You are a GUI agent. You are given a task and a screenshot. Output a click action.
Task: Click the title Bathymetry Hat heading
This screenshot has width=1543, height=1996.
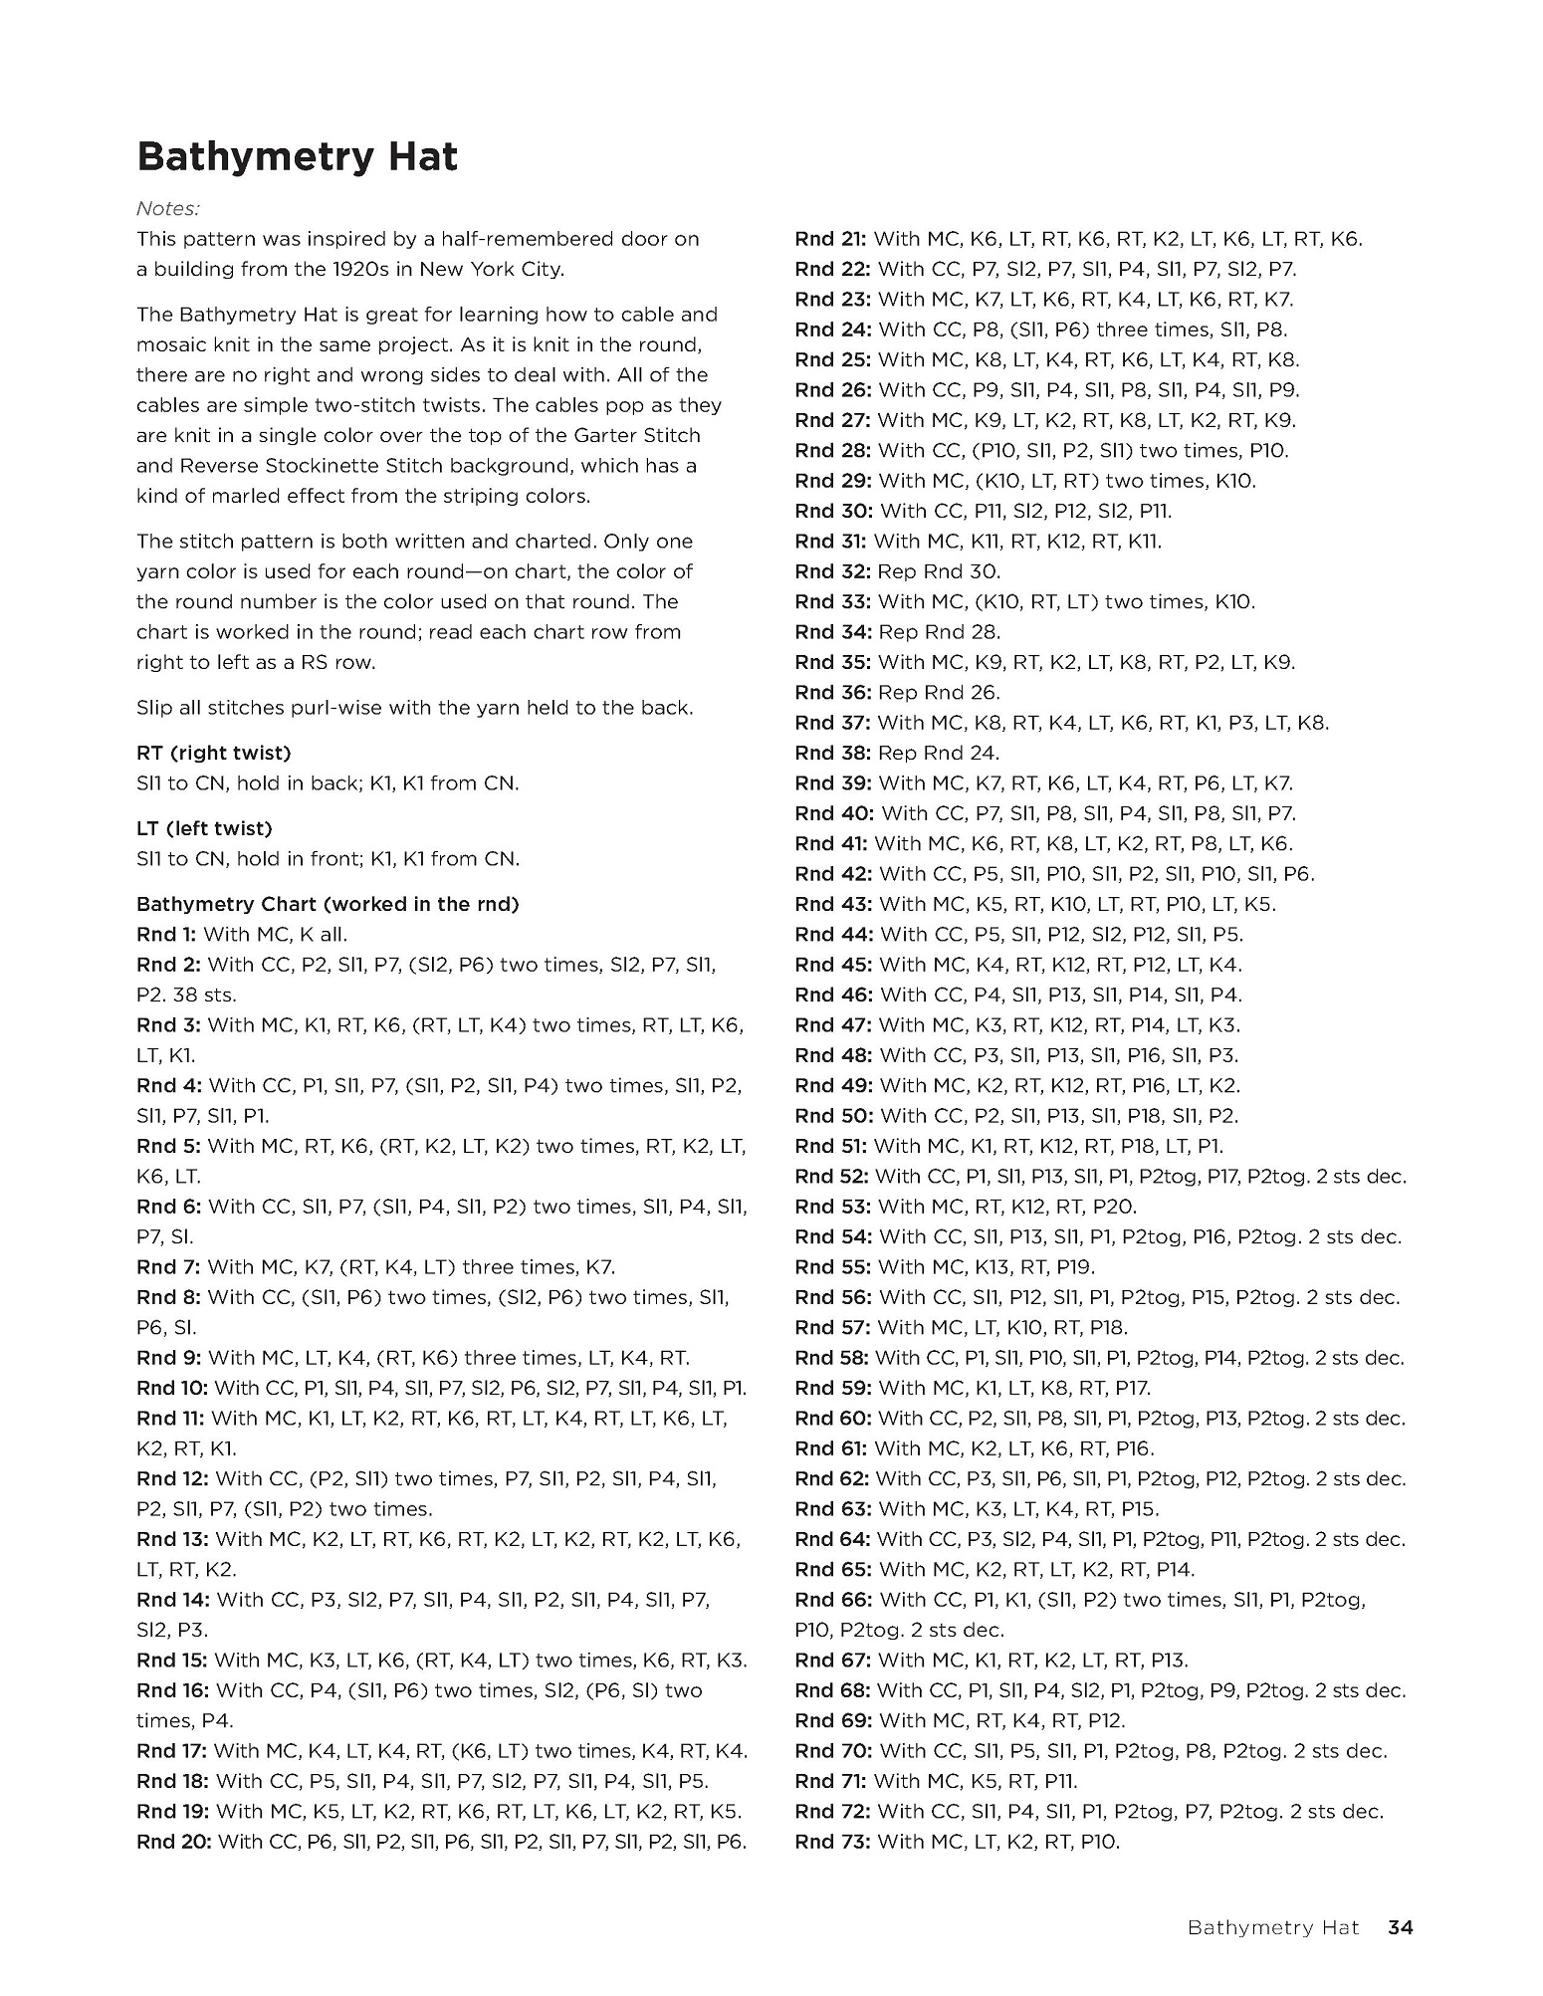click(x=297, y=157)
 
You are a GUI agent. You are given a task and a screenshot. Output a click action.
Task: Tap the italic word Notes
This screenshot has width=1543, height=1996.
click(x=168, y=208)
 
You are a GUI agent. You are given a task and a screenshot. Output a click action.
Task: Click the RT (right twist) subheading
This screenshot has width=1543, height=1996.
click(x=213, y=753)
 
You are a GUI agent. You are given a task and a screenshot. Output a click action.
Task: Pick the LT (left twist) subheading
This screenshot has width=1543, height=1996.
click(x=204, y=828)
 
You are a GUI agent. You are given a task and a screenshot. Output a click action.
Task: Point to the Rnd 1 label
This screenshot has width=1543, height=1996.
click(x=166, y=934)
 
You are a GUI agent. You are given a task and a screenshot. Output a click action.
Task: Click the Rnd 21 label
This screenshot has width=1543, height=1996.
click(x=830, y=239)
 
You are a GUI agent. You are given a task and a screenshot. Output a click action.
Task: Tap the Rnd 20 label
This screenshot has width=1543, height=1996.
click(x=173, y=1842)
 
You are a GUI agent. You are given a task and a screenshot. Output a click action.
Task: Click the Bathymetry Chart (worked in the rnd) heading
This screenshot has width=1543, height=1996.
click(x=328, y=904)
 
